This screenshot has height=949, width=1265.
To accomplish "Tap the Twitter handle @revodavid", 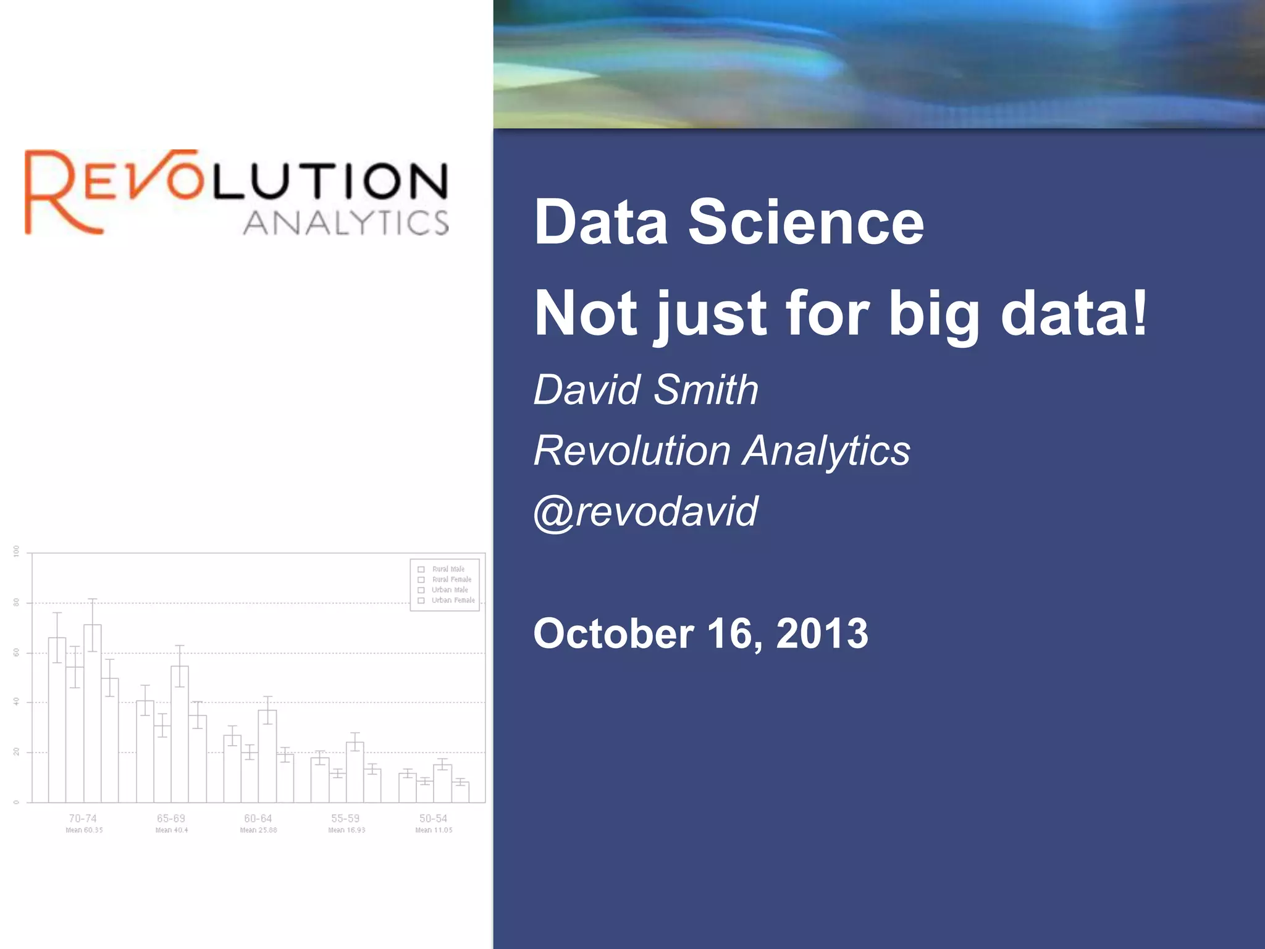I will click(645, 512).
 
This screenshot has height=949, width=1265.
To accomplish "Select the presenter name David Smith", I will click(645, 390).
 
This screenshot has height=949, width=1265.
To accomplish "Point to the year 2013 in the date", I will click(822, 633).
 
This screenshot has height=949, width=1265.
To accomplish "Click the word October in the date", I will click(613, 633).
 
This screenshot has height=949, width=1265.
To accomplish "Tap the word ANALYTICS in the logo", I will click(346, 223).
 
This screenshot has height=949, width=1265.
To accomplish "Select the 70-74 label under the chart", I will click(83, 818).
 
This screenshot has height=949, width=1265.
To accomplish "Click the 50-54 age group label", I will click(433, 818).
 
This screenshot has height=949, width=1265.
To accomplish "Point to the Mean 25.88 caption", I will click(258, 830).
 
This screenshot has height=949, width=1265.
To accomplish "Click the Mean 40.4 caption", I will click(172, 830).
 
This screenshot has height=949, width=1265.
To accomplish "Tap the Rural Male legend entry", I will click(448, 569).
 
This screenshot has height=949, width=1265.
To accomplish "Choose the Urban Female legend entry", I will click(453, 600).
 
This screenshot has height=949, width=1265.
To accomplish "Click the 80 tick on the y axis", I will click(17, 602).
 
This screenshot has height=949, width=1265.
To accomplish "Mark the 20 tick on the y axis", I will click(17, 752).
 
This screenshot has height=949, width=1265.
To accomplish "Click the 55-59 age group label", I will click(345, 818).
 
